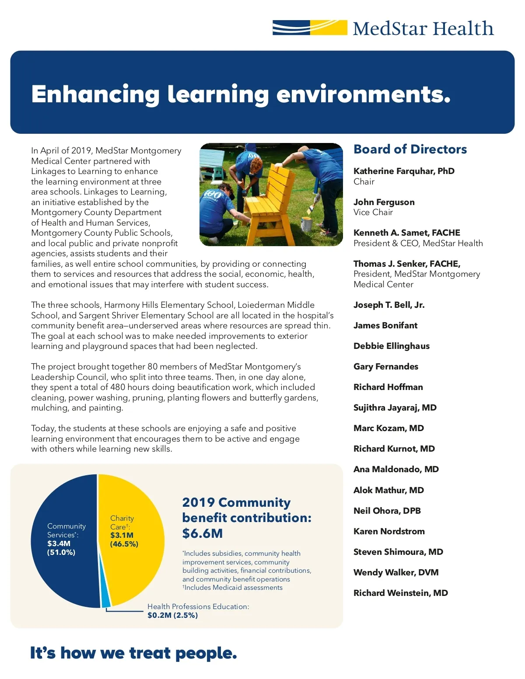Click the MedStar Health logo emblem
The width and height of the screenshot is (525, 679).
click(309, 28)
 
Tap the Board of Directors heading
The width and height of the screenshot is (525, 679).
click(410, 149)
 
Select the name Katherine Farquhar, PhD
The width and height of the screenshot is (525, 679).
click(404, 171)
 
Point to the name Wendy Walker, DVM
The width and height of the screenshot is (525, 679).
click(396, 572)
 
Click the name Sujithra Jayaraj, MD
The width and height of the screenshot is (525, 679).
click(395, 407)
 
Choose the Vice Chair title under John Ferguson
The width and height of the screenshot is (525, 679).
click(373, 212)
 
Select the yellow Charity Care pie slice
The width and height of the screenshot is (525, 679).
click(136, 568)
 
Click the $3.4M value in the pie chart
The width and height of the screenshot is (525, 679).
click(59, 543)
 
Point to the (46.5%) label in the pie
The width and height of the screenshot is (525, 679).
click(124, 544)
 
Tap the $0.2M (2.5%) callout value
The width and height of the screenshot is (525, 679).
click(172, 615)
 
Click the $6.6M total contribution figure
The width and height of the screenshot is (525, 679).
click(203, 533)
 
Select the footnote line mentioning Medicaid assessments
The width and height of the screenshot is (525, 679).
click(233, 588)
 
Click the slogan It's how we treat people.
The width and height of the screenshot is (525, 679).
click(133, 653)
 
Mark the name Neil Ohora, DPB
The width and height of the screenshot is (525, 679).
click(387, 511)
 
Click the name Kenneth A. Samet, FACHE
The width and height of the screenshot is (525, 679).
click(407, 233)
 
